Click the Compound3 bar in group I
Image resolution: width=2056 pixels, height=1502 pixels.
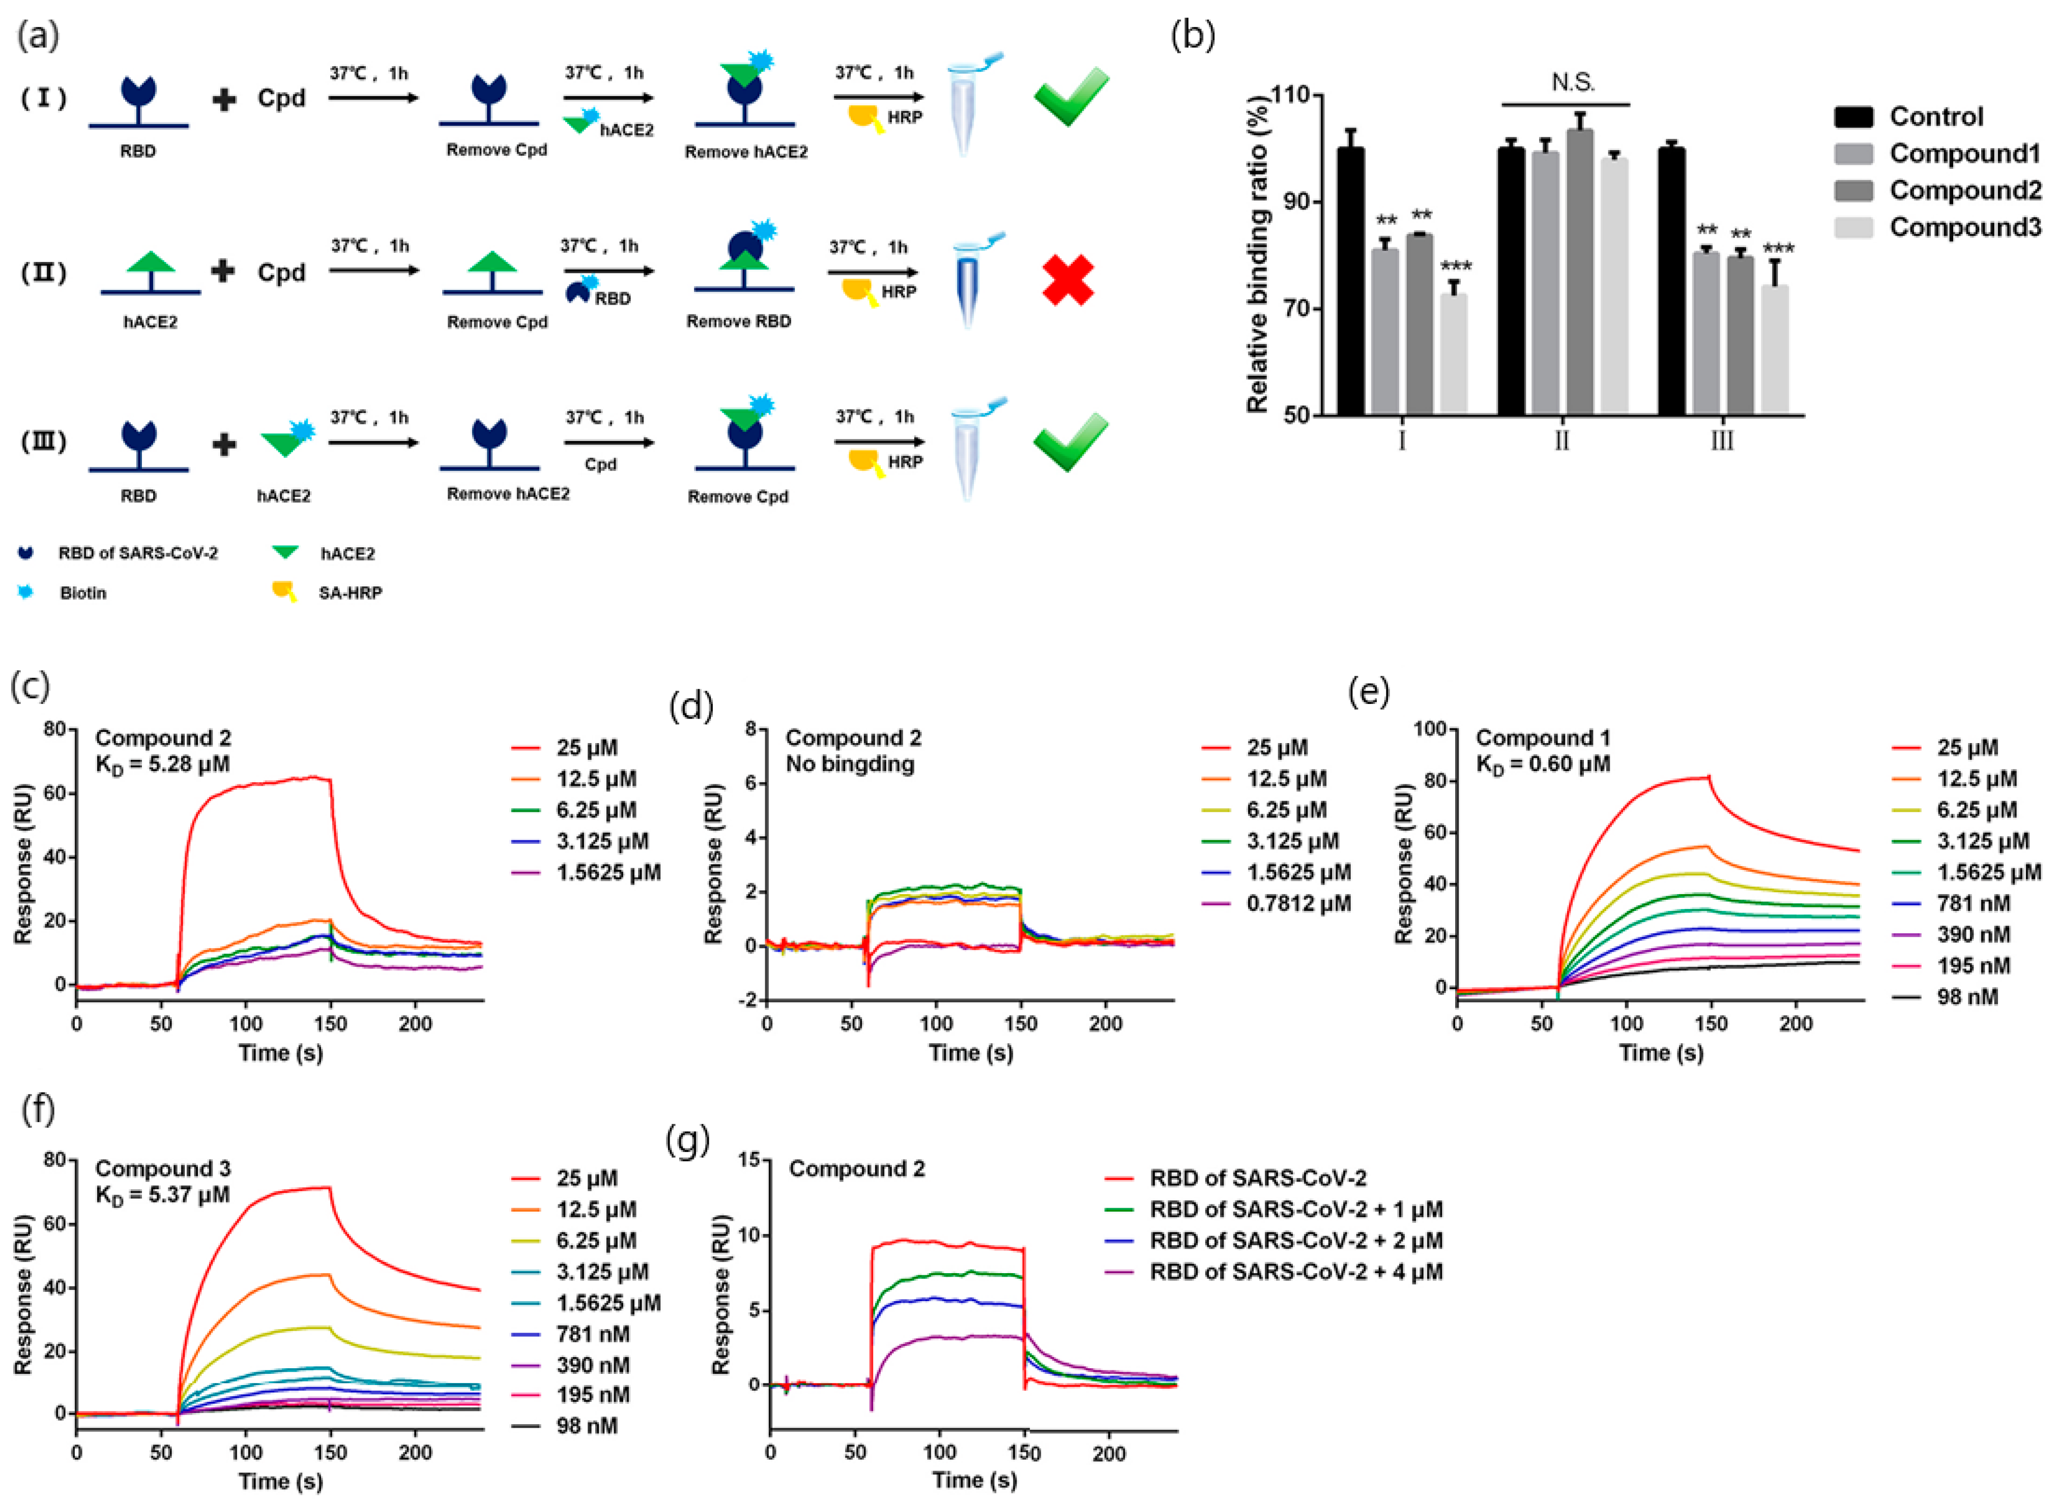pos(1453,355)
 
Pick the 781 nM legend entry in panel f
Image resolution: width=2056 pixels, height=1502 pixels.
pos(592,1334)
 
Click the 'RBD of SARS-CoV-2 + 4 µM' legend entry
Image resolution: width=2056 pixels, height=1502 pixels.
pos(1296,1271)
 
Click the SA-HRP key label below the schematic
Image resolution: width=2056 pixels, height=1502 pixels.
pos(350,593)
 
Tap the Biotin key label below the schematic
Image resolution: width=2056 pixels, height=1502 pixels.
pos(83,593)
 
